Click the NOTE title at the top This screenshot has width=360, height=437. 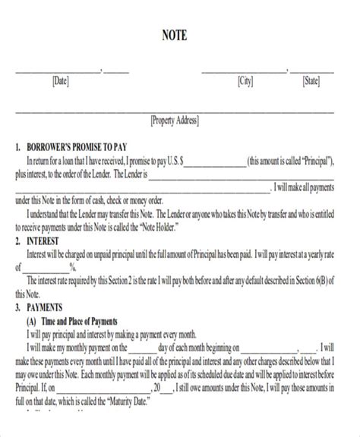pos(180,35)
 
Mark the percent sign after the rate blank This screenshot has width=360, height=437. pos(73,267)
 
